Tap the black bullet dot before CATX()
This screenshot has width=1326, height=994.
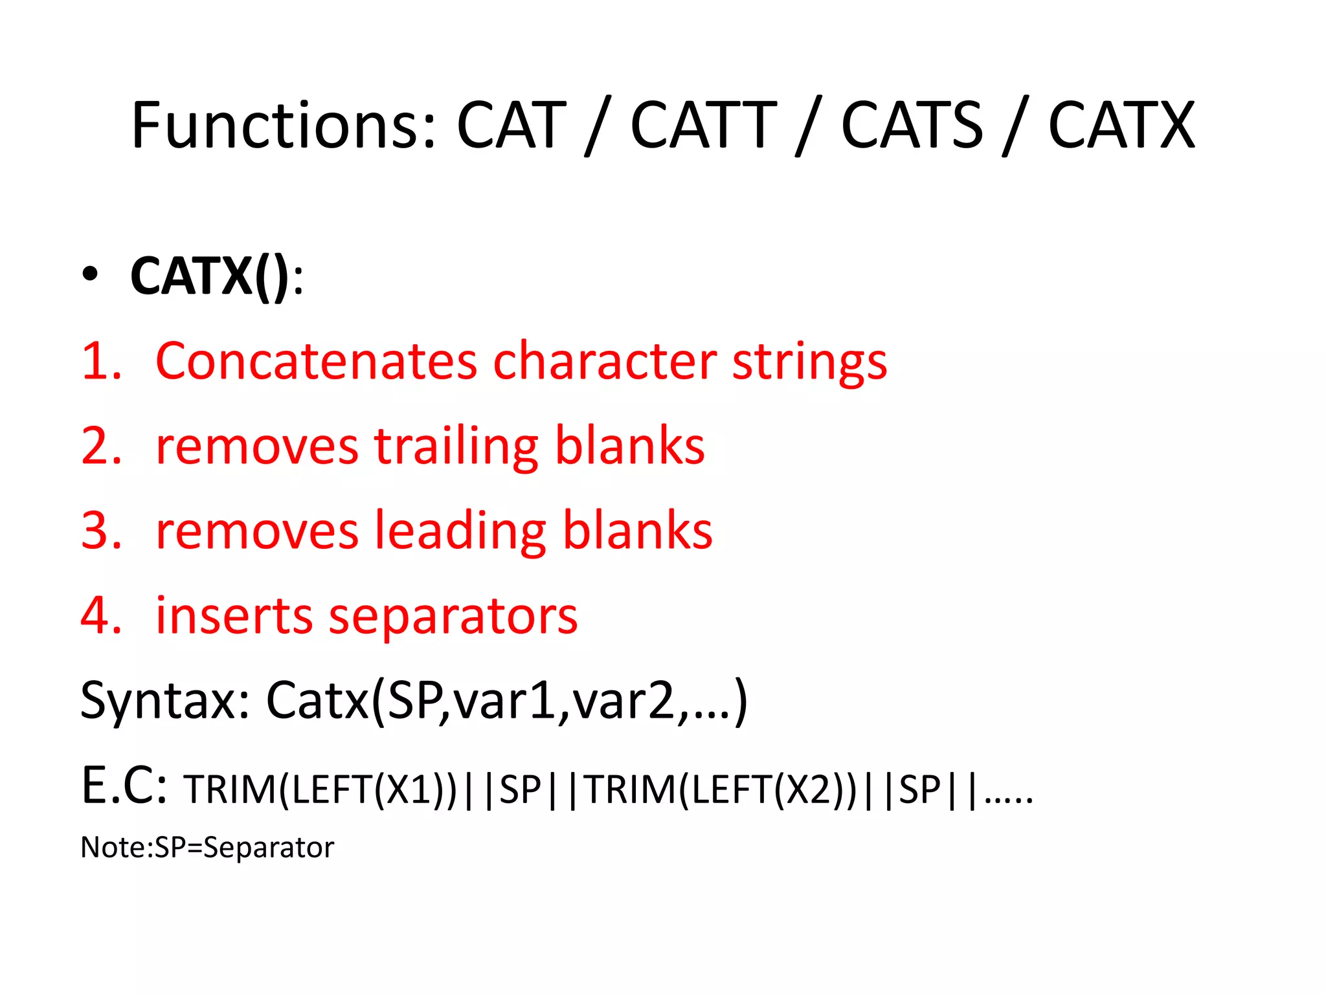tap(90, 274)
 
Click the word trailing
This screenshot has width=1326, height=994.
tap(456, 447)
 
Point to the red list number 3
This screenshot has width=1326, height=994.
tap(100, 531)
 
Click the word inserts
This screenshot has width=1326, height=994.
tap(234, 615)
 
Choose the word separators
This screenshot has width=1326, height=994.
tap(453, 617)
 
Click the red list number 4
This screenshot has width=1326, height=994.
tap(100, 615)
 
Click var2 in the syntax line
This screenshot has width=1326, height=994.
tap(625, 701)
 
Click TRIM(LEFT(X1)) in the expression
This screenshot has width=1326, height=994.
tap(320, 790)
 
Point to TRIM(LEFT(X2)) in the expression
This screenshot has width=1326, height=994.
tap(721, 790)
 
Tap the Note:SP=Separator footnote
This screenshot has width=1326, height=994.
tap(207, 848)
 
